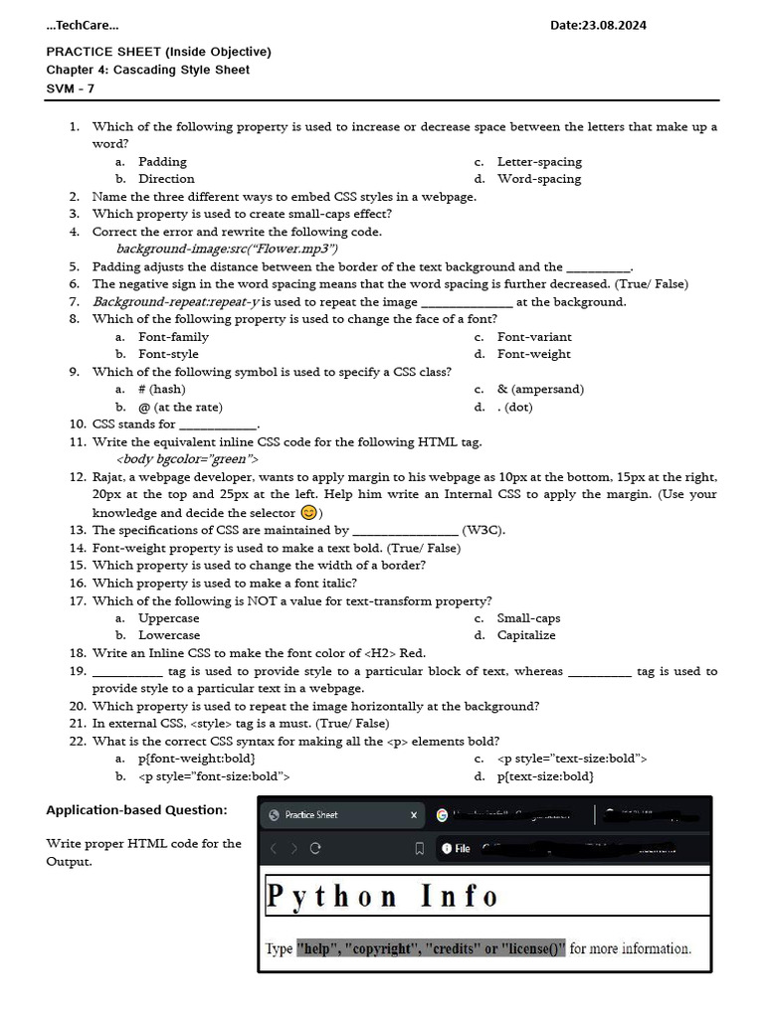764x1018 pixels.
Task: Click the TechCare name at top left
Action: click(83, 25)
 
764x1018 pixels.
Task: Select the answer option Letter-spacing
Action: click(539, 161)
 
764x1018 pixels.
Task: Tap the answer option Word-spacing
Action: click(539, 179)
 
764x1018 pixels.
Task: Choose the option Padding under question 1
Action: click(162, 161)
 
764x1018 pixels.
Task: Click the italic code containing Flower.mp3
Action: click(227, 249)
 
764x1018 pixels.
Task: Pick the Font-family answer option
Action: click(173, 336)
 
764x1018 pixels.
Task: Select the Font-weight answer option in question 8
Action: click(534, 354)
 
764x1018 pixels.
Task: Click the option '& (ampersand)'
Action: click(540, 389)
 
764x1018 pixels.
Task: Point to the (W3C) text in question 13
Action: click(483, 530)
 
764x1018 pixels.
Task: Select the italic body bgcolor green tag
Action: click(187, 459)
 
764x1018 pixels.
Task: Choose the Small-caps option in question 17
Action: click(528, 617)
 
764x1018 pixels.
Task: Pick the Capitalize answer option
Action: click(526, 635)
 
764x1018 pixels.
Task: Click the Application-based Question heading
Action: click(136, 810)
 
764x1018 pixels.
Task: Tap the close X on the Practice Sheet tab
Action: click(414, 815)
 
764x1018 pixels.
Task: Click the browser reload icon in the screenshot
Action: click(315, 848)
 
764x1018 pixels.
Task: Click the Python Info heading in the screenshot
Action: click(382, 897)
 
